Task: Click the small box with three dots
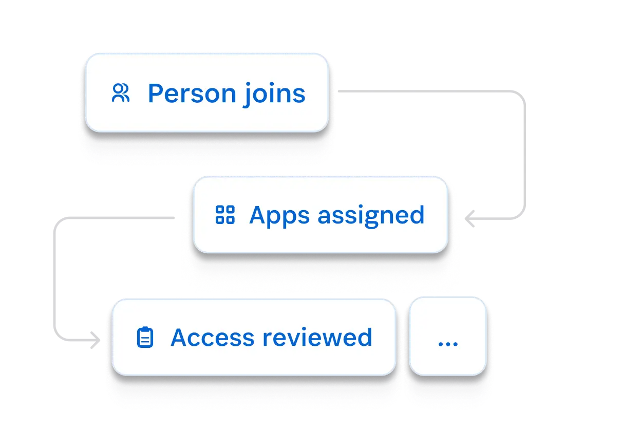(447, 337)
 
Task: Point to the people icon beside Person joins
(121, 93)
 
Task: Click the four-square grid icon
(224, 214)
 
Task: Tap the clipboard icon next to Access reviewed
(145, 337)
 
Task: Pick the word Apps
(279, 215)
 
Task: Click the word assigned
(371, 215)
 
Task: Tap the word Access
(212, 337)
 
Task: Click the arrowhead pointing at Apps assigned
(469, 220)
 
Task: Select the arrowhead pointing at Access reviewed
(100, 341)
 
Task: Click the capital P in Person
(156, 94)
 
